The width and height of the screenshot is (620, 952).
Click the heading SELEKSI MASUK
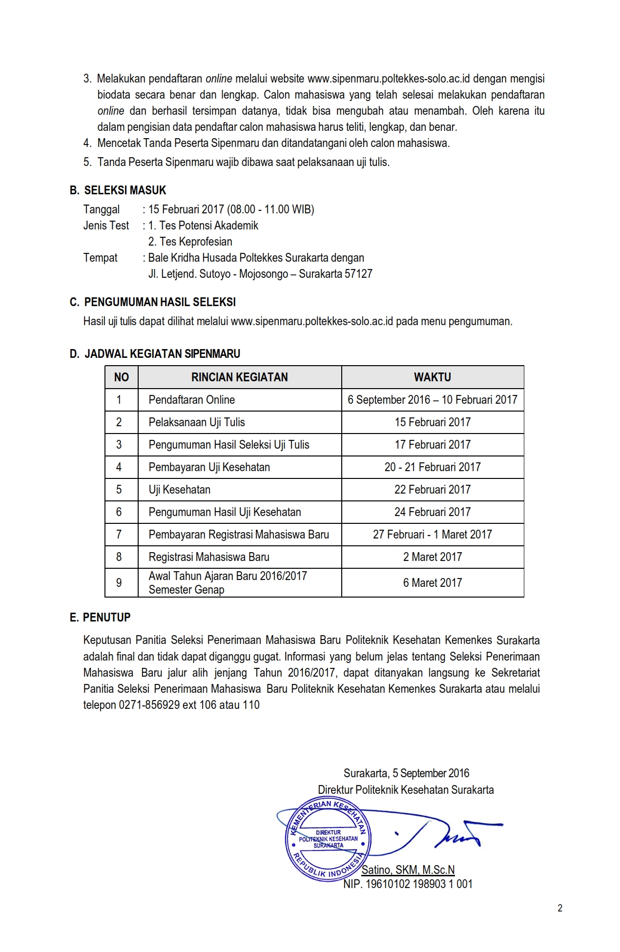click(x=125, y=190)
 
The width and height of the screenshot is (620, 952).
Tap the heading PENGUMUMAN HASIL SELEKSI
click(x=160, y=302)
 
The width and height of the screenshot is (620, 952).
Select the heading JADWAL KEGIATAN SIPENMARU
click(x=162, y=354)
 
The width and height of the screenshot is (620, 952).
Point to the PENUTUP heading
click(x=106, y=618)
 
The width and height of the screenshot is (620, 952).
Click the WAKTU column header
click(x=433, y=377)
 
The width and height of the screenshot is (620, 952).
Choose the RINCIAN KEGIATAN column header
click(x=239, y=377)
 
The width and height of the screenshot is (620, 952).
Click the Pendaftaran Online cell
click(x=192, y=400)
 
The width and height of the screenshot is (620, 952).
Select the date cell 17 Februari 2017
click(x=433, y=445)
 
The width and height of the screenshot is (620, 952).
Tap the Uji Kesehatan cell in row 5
click(x=180, y=490)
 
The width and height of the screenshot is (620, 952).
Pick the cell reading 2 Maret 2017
click(x=433, y=557)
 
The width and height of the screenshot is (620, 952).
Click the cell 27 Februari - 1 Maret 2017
click(x=433, y=535)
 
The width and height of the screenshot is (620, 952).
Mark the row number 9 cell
click(x=119, y=583)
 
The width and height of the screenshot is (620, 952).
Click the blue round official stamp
click(x=328, y=839)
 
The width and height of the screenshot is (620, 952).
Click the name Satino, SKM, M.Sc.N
click(x=408, y=869)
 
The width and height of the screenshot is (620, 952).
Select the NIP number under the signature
click(x=408, y=884)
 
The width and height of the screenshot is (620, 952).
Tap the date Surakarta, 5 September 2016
click(x=406, y=773)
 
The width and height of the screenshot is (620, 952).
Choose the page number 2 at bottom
click(x=560, y=908)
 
